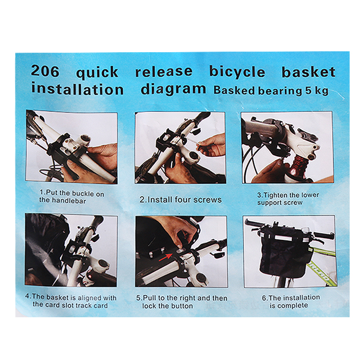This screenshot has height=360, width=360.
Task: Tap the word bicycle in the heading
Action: click(237, 72)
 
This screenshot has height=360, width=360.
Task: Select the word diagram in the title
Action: click(173, 89)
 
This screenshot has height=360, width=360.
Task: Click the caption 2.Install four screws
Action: click(180, 199)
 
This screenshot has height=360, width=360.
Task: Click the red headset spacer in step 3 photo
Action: click(297, 170)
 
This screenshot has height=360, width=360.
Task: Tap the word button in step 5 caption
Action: click(182, 306)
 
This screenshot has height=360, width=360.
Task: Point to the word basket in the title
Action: click(308, 72)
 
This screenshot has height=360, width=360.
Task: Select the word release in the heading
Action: click(164, 72)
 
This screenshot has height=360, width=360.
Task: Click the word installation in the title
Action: click(77, 89)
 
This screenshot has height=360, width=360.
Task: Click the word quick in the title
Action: click(97, 72)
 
